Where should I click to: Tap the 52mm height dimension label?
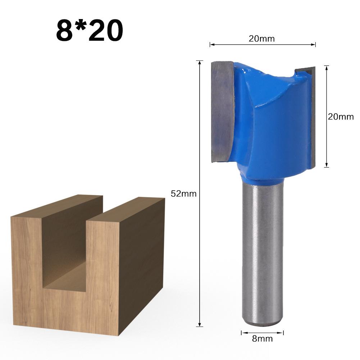[183, 194]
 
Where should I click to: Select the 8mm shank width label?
[263, 338]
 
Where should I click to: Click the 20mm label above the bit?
[261, 39]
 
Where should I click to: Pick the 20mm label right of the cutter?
[341, 117]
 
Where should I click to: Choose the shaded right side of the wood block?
[142, 259]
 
